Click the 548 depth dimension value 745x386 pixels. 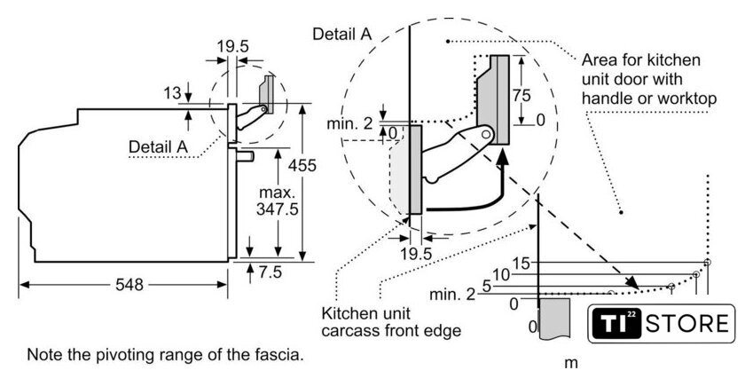coord(129,284)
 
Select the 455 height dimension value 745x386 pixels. coord(302,165)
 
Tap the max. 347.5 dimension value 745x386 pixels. coord(278,201)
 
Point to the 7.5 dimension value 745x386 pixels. coord(270,272)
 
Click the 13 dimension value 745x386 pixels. coord(172,93)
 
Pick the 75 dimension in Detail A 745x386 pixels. coord(521,95)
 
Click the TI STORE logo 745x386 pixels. coord(661,324)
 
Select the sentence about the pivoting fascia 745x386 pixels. coord(165,355)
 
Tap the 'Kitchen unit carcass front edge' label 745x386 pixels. coord(391,322)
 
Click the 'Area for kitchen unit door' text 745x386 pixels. coord(649,79)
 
